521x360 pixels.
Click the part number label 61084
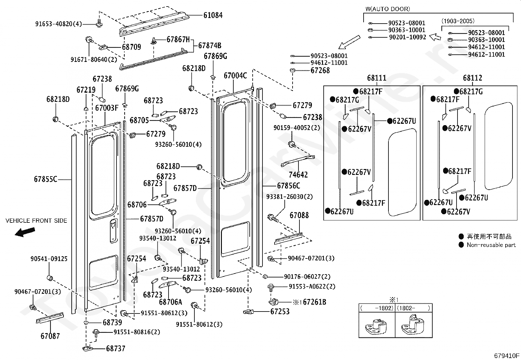(213, 15)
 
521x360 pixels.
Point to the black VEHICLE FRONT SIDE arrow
(25, 232)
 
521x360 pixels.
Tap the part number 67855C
(45, 179)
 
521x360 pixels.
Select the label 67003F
(107, 108)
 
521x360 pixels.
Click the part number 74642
(298, 175)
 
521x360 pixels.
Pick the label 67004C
(235, 76)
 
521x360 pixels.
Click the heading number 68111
(377, 78)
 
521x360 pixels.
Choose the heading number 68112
(472, 78)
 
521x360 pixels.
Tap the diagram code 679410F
(507, 355)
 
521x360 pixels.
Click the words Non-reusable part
(491, 245)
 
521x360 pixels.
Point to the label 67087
(50, 336)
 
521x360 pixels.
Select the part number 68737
(116, 349)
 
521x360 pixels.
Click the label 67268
(320, 70)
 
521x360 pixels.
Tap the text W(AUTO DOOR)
(388, 9)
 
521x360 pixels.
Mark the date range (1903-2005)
(458, 21)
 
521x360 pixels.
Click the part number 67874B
(209, 46)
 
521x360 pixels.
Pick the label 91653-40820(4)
(59, 24)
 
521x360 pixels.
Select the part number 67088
(299, 215)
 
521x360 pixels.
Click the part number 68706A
(171, 302)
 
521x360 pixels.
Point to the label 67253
(280, 312)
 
